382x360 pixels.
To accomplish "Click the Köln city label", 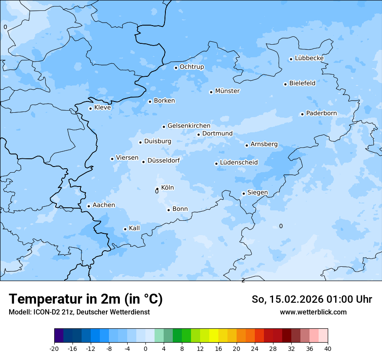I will click(x=167, y=188).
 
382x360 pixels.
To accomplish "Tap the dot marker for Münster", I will click(x=211, y=92).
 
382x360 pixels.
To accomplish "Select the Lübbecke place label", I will click(x=309, y=58).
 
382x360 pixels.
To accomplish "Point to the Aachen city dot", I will click(x=89, y=206).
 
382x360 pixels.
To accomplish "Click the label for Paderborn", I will click(x=321, y=113).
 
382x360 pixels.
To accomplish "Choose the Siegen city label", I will click(x=257, y=193).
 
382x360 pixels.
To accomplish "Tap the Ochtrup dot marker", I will click(x=176, y=68).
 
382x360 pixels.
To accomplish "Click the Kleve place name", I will click(x=102, y=108).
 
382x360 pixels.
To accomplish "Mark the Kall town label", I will click(x=134, y=228).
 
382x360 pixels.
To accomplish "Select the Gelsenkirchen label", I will click(x=189, y=126).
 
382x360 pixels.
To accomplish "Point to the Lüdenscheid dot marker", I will click(x=216, y=164).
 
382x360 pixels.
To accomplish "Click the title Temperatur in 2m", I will click(x=86, y=299).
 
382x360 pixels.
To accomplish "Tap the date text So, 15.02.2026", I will click(x=288, y=299).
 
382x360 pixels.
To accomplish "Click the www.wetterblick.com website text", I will click(x=313, y=312).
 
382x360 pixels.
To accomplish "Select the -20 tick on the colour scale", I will click(x=54, y=349).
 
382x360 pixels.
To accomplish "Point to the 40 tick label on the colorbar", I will click(x=328, y=349).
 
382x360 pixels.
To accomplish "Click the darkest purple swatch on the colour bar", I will click(x=59, y=336).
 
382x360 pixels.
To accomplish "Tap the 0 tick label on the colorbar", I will click(x=145, y=349).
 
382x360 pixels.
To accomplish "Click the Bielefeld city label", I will click(x=302, y=83).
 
